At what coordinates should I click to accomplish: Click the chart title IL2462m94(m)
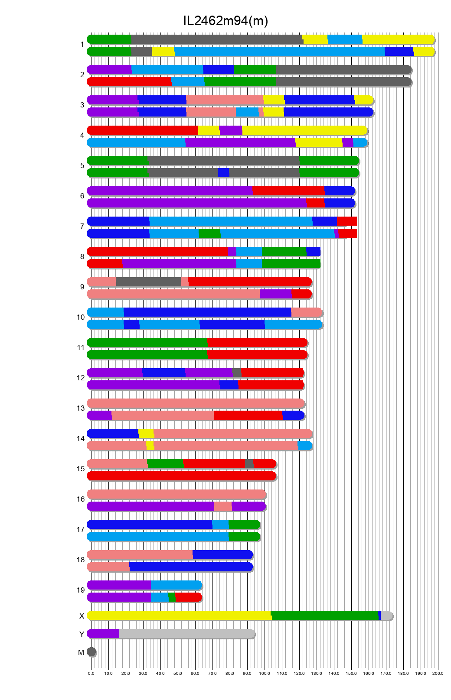click(225, 20)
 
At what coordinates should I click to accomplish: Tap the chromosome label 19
click(81, 590)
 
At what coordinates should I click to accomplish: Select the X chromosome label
click(82, 616)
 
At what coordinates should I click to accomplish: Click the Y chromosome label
click(82, 634)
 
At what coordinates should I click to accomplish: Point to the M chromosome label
click(81, 652)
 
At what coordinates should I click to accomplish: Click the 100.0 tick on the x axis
click(265, 673)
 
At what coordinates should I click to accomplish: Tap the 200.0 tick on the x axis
click(438, 673)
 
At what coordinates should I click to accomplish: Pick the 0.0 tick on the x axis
click(91, 673)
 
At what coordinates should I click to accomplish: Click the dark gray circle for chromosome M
click(91, 652)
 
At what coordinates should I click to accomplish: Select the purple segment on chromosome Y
click(103, 634)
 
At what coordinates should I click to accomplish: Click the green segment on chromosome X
click(324, 616)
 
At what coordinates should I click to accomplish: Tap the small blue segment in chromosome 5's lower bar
click(223, 173)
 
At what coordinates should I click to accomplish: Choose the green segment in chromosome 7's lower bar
click(209, 233)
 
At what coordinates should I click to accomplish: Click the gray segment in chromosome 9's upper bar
click(148, 282)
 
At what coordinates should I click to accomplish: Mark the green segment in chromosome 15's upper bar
click(165, 464)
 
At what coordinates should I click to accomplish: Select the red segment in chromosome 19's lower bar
click(188, 597)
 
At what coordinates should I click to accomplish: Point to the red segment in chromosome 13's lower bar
click(248, 415)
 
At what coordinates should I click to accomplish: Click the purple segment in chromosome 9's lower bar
click(275, 294)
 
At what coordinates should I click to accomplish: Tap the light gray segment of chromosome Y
click(186, 634)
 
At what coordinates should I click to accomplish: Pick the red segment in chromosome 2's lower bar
click(129, 82)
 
